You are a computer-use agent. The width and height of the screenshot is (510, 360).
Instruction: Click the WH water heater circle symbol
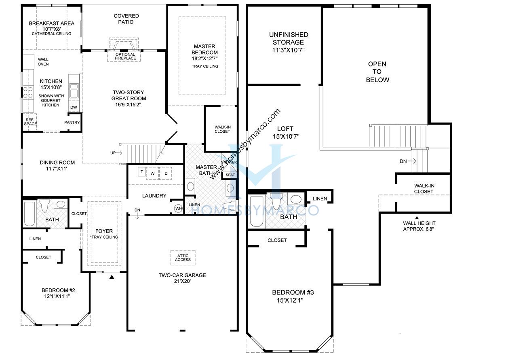(x=178, y=208)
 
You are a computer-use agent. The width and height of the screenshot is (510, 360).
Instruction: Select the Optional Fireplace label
(x=125, y=57)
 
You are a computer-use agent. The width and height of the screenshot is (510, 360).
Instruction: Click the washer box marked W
(x=152, y=173)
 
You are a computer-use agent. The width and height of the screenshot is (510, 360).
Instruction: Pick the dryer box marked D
(x=166, y=173)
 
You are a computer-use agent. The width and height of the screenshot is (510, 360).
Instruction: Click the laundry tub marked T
(x=142, y=172)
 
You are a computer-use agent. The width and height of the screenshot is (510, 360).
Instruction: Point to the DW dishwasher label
(x=74, y=108)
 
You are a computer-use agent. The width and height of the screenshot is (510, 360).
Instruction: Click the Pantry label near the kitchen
(x=72, y=123)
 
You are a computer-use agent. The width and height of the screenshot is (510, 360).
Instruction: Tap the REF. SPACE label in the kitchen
(x=30, y=122)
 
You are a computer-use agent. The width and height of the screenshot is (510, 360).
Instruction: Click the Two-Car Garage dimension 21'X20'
(x=182, y=281)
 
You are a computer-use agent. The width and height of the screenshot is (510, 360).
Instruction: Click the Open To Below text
(x=377, y=72)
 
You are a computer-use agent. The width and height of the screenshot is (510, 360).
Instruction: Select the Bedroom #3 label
(x=289, y=292)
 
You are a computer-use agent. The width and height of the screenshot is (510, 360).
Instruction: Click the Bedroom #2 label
(x=58, y=290)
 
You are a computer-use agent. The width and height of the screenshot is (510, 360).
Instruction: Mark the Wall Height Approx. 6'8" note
(x=419, y=226)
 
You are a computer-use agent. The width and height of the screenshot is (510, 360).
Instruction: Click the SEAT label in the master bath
(x=230, y=175)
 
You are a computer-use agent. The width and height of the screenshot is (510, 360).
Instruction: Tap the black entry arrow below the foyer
(x=112, y=277)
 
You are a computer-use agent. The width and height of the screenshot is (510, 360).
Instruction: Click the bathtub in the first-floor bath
(x=30, y=214)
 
